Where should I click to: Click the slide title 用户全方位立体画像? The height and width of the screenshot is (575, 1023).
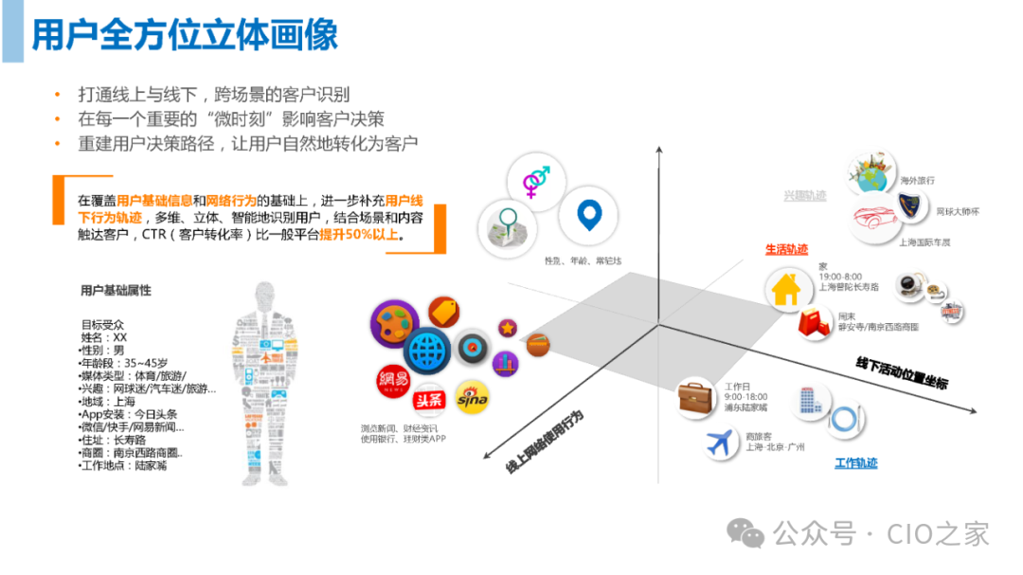[x=185, y=35]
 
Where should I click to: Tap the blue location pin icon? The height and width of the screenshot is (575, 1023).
[x=588, y=216]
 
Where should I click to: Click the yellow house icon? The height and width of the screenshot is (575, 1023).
[x=787, y=289]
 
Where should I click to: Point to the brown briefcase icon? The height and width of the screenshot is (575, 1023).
[x=697, y=398]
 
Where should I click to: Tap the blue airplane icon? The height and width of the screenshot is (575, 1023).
[x=723, y=441]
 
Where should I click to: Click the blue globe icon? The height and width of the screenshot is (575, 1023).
[x=425, y=351]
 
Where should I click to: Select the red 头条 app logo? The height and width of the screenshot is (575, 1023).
[x=430, y=400]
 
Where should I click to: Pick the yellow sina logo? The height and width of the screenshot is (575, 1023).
[x=472, y=400]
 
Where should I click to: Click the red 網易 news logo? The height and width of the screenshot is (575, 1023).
[x=391, y=382]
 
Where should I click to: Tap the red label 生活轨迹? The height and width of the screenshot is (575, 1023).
[x=786, y=249]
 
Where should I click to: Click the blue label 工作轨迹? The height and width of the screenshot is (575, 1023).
[x=855, y=463]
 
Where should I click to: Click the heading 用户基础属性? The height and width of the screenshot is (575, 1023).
[x=116, y=291]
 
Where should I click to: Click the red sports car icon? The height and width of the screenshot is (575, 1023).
[x=877, y=220]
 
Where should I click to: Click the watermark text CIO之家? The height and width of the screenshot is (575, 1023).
[x=938, y=534]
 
